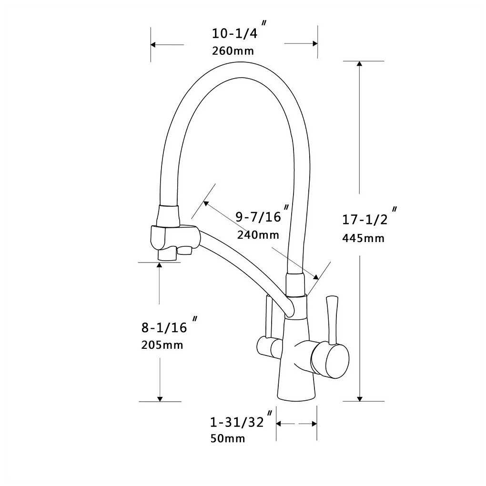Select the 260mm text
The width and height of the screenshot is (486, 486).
pos(233,51)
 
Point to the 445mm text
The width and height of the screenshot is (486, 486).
pos(363,238)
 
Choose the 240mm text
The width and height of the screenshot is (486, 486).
pos(258,235)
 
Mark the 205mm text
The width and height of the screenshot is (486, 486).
pos(162,345)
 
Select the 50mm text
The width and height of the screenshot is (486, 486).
pos(228,438)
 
